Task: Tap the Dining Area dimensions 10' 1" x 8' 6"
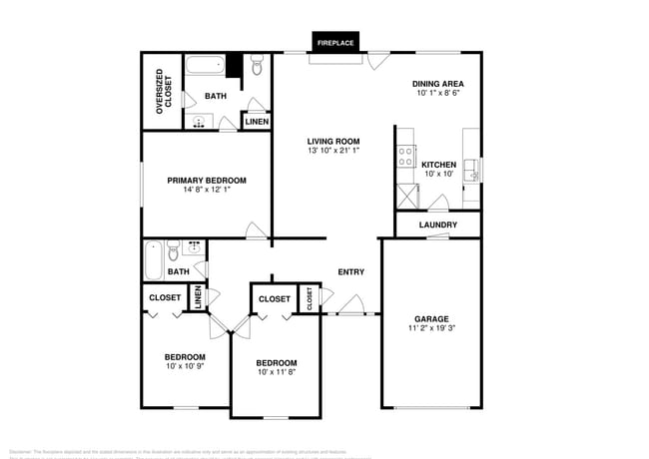(x=438, y=94)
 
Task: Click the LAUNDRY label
(x=437, y=225)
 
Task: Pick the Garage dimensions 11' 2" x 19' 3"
(x=431, y=328)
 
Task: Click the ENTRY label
(x=350, y=272)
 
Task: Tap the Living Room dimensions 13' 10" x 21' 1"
(x=332, y=152)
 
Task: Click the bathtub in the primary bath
(x=204, y=69)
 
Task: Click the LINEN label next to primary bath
(x=256, y=122)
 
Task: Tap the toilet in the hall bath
(x=173, y=248)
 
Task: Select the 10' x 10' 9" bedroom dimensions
(x=185, y=367)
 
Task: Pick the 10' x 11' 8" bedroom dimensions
(x=276, y=372)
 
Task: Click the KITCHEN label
(x=438, y=165)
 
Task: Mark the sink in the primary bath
(x=200, y=123)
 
